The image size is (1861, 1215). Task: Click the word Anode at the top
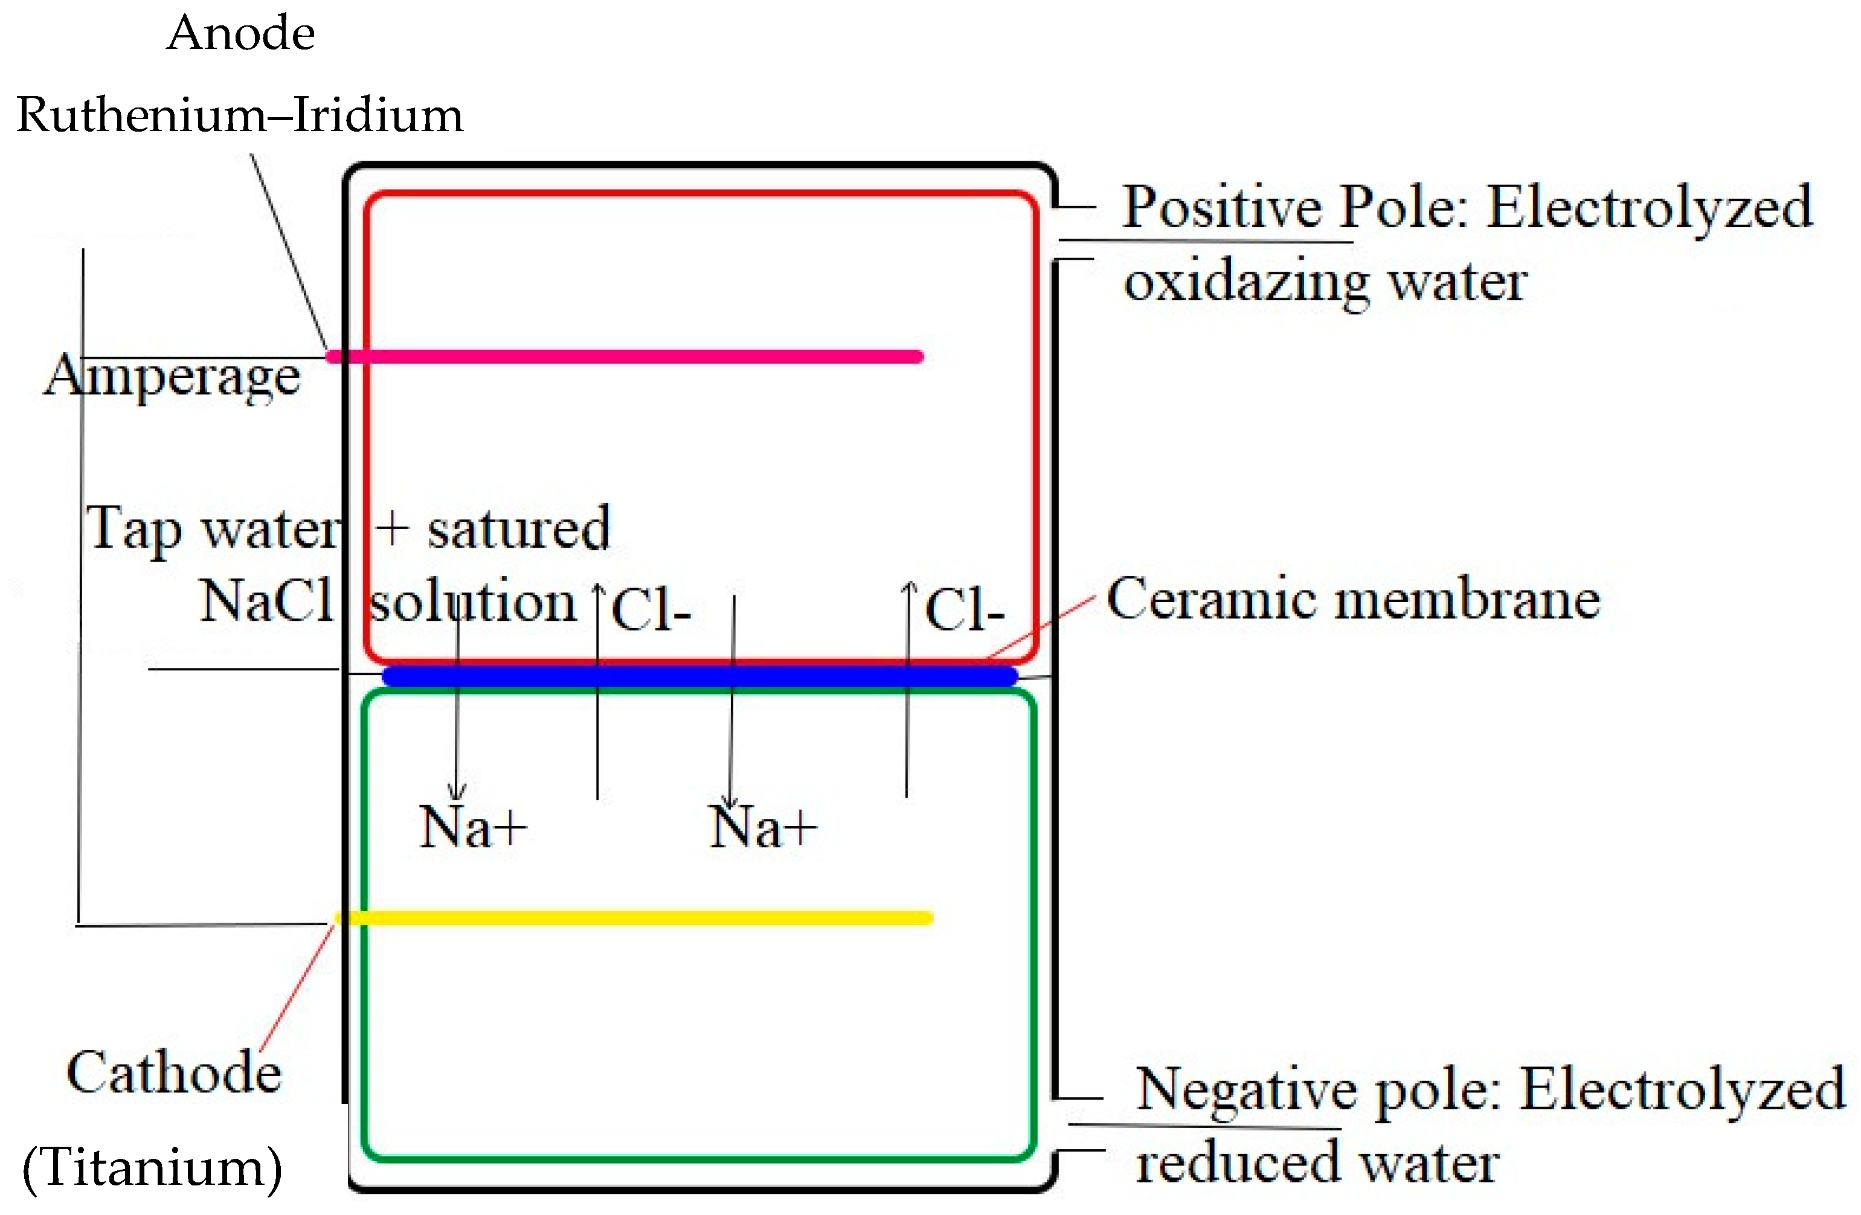241,34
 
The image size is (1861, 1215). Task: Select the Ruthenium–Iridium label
239,116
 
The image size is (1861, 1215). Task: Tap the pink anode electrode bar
626,356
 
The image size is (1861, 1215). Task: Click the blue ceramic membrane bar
700,676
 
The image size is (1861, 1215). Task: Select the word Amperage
172,377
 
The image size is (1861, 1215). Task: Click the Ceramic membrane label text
1354,600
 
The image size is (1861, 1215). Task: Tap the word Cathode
173,1072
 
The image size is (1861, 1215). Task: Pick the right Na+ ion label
762,827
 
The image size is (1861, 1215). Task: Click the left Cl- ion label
651,611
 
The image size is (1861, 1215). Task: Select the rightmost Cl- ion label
964,611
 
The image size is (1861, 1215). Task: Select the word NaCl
266,601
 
